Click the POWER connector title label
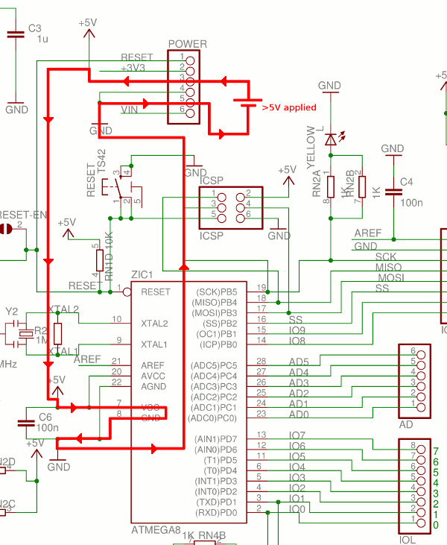[x=187, y=45]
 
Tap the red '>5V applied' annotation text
[x=289, y=107]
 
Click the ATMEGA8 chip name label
[x=155, y=530]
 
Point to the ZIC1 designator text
[x=142, y=275]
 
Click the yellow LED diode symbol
[x=331, y=139]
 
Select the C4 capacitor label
[x=406, y=182]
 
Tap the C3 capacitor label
[x=34, y=28]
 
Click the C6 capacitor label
[x=45, y=417]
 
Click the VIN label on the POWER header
[x=130, y=110]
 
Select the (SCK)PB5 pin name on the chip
[x=216, y=292]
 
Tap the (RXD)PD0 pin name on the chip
[x=216, y=513]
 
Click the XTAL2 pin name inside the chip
[x=154, y=324]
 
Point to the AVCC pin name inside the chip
[x=153, y=377]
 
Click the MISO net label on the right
[x=388, y=267]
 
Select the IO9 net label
[x=297, y=330]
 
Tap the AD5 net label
[x=298, y=362]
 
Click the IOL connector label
[x=408, y=539]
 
